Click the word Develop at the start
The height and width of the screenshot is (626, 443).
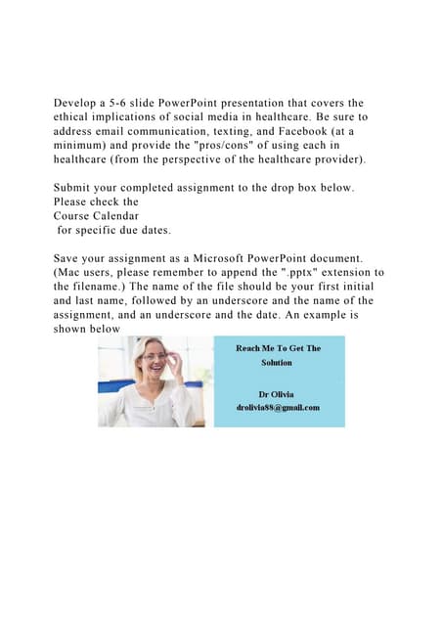pyautogui.click(x=78, y=103)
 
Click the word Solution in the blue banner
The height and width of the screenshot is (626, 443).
pyautogui.click(x=277, y=362)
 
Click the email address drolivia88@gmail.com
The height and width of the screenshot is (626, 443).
pyautogui.click(x=278, y=407)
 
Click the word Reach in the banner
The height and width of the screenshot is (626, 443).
pyautogui.click(x=250, y=348)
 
